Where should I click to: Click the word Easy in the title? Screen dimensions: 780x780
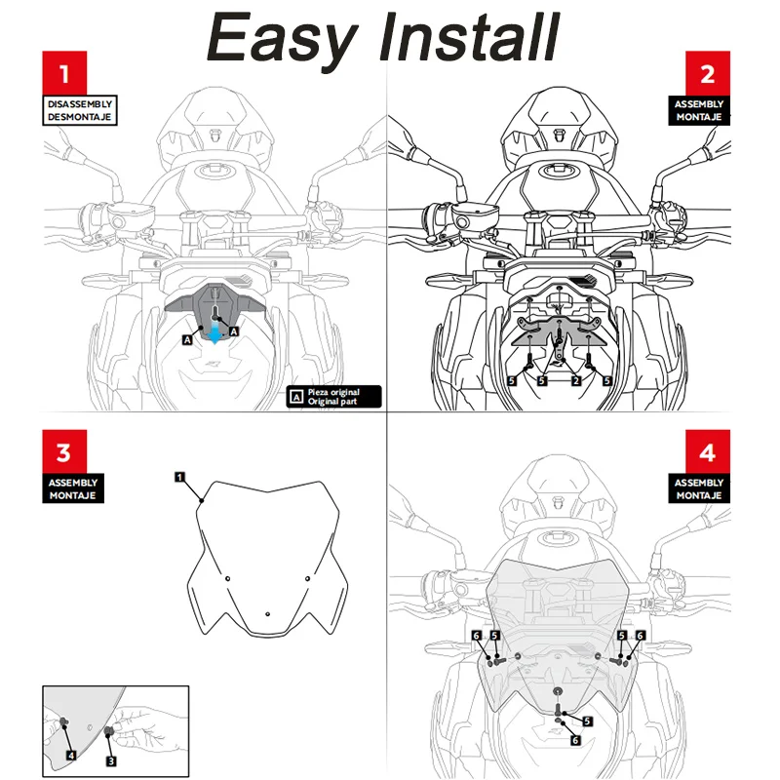282,39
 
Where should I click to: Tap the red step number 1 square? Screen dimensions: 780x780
64,74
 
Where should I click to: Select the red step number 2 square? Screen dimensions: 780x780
707,74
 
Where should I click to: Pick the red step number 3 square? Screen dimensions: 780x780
64,453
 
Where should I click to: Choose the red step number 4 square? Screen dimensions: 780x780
707,453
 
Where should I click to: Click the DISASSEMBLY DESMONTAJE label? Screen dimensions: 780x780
81,110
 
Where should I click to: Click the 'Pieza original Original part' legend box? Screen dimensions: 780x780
335,397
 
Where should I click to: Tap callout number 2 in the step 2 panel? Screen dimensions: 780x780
576,380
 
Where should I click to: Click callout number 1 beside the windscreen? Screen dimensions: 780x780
180,477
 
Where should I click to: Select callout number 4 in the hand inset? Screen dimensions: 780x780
71,755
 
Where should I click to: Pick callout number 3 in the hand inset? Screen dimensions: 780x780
111,760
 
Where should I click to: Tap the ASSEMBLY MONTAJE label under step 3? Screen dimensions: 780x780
74,489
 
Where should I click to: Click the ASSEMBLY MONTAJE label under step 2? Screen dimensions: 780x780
699,110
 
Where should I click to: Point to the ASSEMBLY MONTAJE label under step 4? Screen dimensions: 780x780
699,489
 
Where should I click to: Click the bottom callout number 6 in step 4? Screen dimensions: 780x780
575,741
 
